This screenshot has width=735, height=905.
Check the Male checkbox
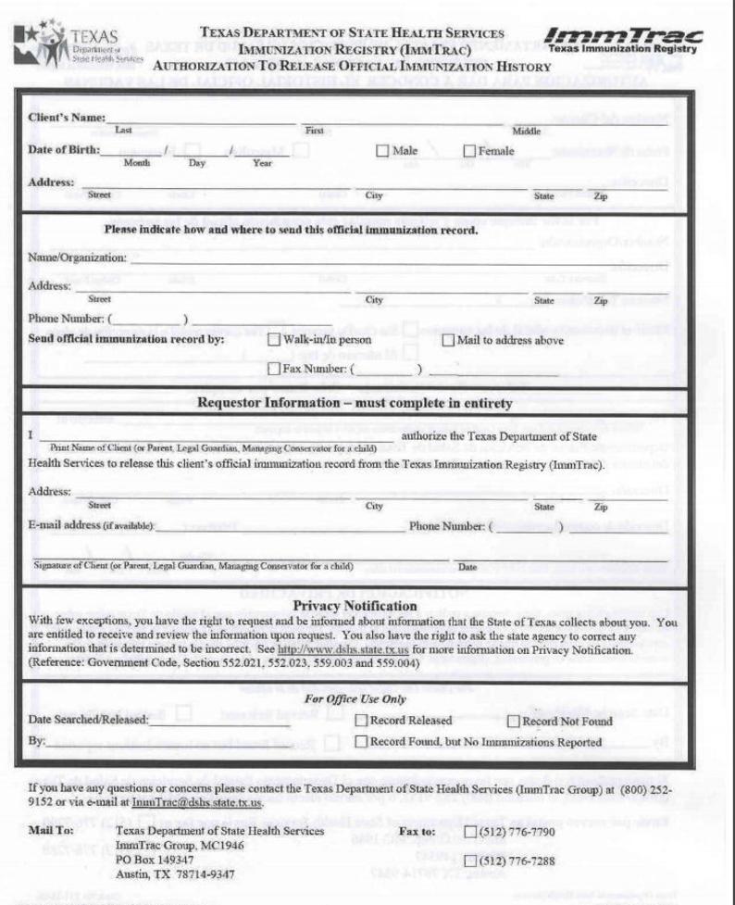pos(382,151)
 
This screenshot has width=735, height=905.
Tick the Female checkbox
pos(469,151)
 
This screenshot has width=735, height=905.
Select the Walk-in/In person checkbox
pos(273,340)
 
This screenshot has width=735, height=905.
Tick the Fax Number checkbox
pos(273,369)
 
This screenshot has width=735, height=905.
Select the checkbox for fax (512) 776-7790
pos(470,832)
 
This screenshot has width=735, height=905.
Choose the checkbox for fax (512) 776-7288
pos(470,861)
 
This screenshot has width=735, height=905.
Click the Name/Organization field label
pos(77,257)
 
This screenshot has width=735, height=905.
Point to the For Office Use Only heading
pos(355,698)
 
